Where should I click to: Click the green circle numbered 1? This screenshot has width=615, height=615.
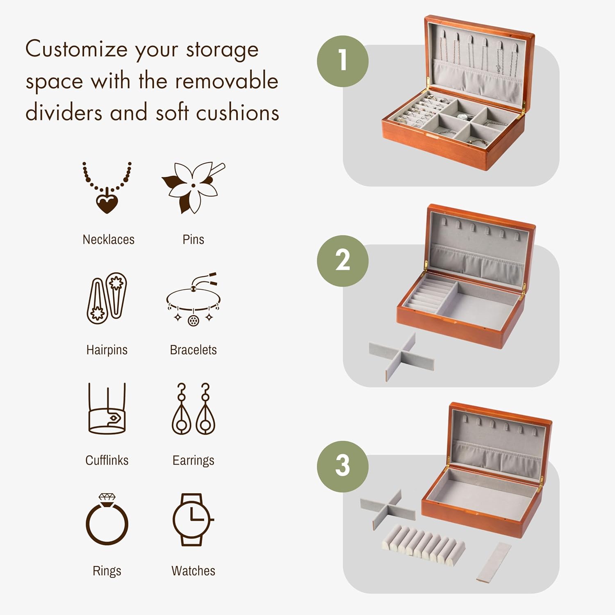point(343,61)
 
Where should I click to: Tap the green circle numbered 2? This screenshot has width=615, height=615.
point(343,261)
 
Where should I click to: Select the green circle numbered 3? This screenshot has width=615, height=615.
point(343,466)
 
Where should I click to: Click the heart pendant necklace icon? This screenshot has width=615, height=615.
point(107,188)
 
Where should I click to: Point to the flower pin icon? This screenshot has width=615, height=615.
point(193,187)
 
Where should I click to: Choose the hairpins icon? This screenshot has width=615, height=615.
point(107,298)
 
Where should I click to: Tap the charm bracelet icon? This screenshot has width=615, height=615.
point(193,299)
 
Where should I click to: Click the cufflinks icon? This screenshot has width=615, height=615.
point(107,409)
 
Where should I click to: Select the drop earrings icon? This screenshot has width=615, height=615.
point(193,409)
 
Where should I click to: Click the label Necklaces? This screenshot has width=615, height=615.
point(108,239)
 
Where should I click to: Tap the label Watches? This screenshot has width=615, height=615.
point(193,571)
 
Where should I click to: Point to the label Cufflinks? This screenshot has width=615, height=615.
point(107,460)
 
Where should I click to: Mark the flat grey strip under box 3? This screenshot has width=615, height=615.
point(494,561)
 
